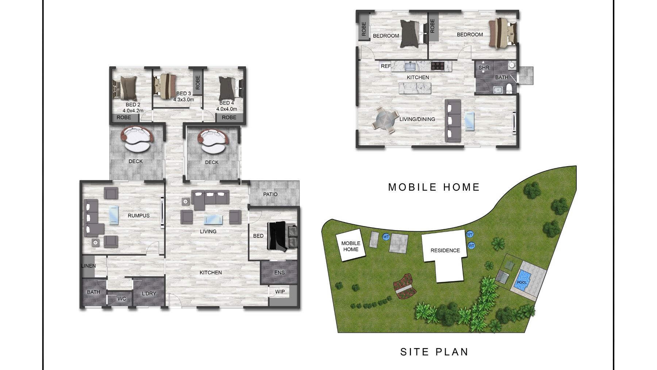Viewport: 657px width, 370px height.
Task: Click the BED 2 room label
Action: tap(133, 105)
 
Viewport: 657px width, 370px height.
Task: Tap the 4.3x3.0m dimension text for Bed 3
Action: tap(184, 99)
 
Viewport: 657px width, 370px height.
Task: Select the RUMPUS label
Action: tap(139, 215)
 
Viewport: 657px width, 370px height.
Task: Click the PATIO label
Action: tap(270, 194)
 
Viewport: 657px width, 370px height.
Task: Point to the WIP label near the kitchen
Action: tap(280, 291)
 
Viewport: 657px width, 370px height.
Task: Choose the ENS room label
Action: tap(280, 272)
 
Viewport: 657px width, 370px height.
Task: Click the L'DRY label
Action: tap(149, 293)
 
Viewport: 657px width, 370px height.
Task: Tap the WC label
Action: tap(122, 299)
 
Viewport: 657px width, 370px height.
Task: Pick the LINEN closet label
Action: tap(88, 266)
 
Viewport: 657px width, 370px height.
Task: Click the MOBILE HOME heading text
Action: tap(434, 187)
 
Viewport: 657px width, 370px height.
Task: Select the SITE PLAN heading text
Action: tap(434, 352)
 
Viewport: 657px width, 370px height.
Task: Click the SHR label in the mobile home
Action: tap(484, 68)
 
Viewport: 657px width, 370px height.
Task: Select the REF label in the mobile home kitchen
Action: tap(386, 66)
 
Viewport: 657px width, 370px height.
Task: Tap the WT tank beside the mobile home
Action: tap(386, 237)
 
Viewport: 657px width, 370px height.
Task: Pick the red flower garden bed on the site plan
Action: tap(406, 286)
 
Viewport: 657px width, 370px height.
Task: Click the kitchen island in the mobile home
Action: tap(415, 88)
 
